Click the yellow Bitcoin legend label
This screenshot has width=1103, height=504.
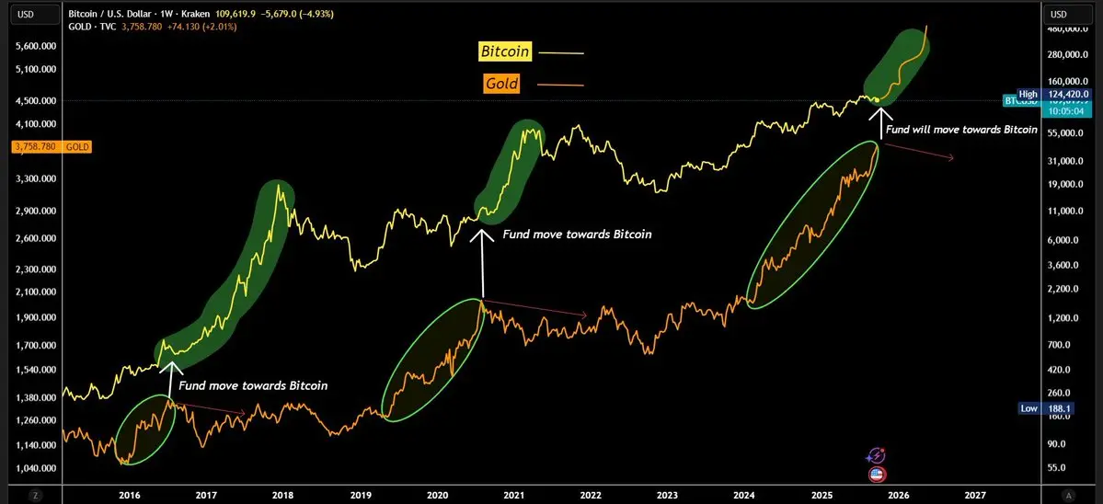tap(505, 52)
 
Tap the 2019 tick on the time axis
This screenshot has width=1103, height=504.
tap(361, 494)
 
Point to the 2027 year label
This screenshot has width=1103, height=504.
tap(975, 494)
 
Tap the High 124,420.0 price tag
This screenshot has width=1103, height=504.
tap(1054, 94)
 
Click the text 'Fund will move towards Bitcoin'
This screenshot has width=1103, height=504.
tap(961, 130)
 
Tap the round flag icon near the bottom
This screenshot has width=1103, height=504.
tap(877, 474)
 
